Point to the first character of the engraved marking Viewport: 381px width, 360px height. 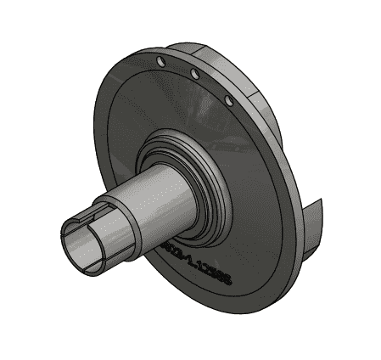[x=163, y=241]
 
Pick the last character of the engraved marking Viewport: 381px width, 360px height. [x=229, y=287]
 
